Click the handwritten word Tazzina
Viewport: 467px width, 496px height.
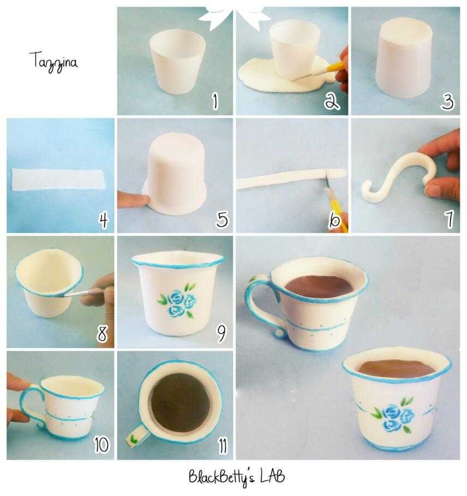(53, 62)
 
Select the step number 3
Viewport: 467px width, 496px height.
(447, 102)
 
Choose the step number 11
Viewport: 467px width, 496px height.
(223, 445)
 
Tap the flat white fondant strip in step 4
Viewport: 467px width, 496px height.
(58, 180)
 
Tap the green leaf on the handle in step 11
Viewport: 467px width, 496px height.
(134, 438)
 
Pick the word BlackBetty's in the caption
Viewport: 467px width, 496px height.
(221, 477)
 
